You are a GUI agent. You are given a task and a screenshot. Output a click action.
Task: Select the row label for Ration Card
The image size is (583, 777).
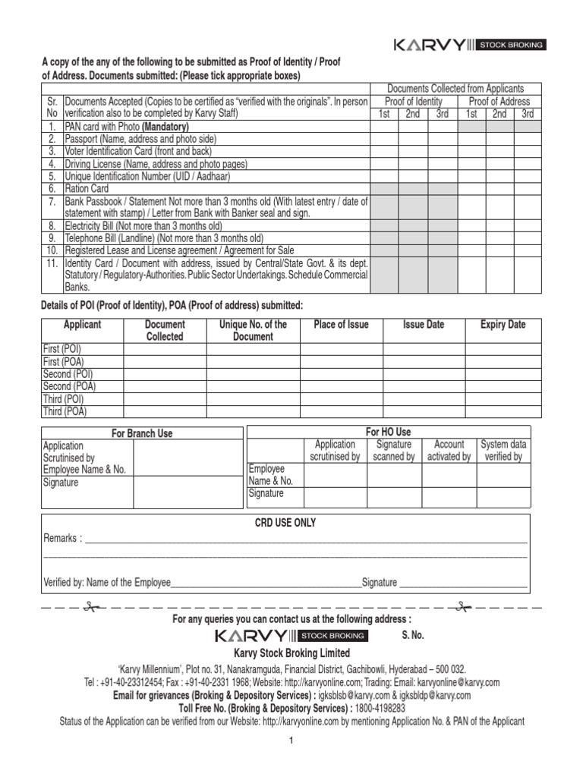click(87, 188)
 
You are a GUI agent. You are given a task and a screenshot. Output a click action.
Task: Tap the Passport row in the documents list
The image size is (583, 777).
click(140, 139)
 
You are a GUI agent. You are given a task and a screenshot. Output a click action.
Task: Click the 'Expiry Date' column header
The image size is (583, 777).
click(503, 325)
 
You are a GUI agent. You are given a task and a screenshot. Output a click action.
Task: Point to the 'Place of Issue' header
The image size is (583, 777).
click(341, 325)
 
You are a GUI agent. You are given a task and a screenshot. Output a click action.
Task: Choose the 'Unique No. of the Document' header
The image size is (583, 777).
click(253, 330)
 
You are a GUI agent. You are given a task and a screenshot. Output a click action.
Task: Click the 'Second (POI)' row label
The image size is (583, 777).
click(68, 374)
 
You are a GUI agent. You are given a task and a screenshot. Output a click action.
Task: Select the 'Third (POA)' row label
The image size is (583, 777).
click(65, 411)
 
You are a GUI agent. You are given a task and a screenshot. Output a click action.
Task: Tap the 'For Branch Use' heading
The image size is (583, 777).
click(142, 433)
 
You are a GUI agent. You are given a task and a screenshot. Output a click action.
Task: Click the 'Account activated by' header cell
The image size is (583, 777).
click(449, 451)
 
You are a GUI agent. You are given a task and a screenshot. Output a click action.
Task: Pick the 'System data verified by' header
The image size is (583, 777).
click(503, 451)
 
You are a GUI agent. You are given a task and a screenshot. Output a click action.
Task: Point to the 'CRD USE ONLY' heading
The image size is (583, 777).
click(285, 523)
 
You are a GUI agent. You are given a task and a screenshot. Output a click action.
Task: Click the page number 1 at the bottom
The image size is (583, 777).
click(290, 741)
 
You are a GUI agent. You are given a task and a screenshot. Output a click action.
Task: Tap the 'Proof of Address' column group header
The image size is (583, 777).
click(499, 102)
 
